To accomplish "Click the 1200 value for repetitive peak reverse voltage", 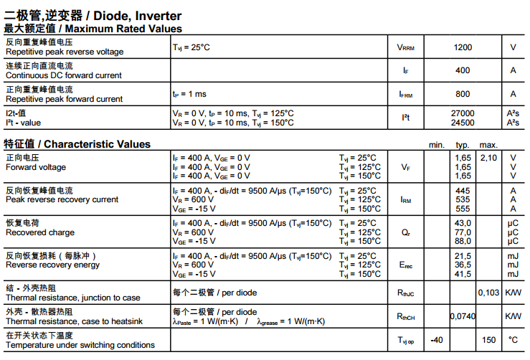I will pos(463,47).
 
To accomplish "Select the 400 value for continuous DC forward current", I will pos(463,70).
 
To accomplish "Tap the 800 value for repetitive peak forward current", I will pos(463,94).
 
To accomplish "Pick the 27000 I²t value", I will pos(463,113).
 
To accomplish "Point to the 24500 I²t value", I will pos(463,123).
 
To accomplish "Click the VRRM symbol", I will pos(405,47).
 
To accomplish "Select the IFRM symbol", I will pos(405,94).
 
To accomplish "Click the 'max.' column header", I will pos(488,145).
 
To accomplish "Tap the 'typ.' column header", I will pos(463,145).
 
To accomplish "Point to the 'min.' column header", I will pos(437,145).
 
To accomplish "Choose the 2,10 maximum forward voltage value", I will pos(488,157).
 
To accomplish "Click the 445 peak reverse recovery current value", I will pos(463,191).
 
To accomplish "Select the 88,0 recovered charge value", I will pos(463,242).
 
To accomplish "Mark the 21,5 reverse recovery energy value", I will pos(463,256).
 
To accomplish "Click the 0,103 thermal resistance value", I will pos(488,293).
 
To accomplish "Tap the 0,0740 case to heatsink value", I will pos(463,316).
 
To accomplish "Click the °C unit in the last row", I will pos(513,340).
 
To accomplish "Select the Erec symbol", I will pos(405,265).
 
